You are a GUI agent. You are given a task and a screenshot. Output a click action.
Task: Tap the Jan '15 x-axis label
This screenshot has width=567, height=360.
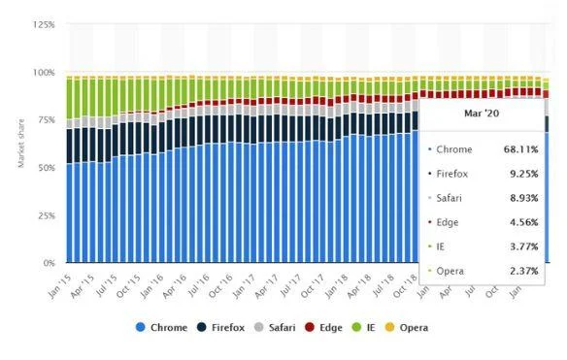tap(60, 281)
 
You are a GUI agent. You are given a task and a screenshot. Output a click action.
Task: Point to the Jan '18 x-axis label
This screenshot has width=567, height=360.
tap(333, 281)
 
